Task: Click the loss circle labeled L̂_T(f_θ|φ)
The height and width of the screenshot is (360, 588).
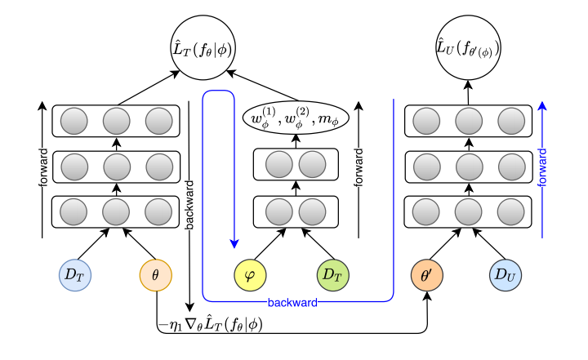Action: coord(201,50)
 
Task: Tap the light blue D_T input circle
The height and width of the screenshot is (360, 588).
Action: coord(76,273)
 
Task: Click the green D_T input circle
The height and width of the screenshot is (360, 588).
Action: coord(332,273)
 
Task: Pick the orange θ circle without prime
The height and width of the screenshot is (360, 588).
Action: coord(156,275)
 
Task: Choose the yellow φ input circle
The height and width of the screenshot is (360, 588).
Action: coord(251,274)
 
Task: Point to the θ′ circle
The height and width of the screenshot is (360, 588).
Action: coord(427,274)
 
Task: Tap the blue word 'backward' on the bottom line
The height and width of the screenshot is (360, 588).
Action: coord(292,302)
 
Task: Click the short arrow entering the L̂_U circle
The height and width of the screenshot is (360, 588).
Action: coord(469,93)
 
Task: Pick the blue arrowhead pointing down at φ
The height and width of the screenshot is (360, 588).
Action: coord(235,242)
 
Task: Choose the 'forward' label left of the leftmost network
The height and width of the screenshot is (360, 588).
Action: coord(42,171)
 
